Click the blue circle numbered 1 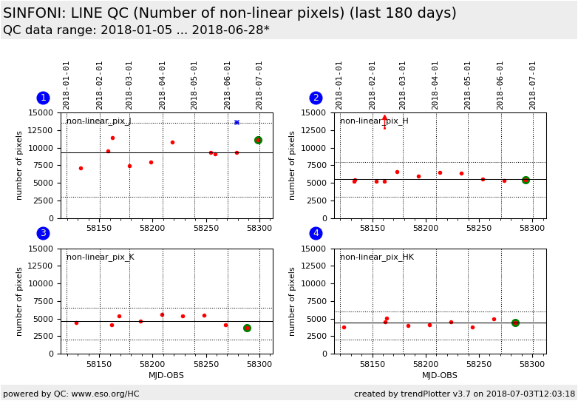43,98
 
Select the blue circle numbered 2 316,98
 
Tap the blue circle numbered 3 43,233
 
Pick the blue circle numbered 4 316,233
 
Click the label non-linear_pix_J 98,121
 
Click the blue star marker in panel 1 237,122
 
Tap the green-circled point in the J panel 258,140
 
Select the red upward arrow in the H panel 384,118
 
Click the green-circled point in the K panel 247,328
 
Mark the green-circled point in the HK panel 515,323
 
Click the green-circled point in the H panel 526,180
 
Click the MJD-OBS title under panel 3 166,376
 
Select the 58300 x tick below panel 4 532,364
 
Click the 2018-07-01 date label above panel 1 259,85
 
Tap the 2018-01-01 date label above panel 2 339,85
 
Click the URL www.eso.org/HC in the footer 103,394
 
